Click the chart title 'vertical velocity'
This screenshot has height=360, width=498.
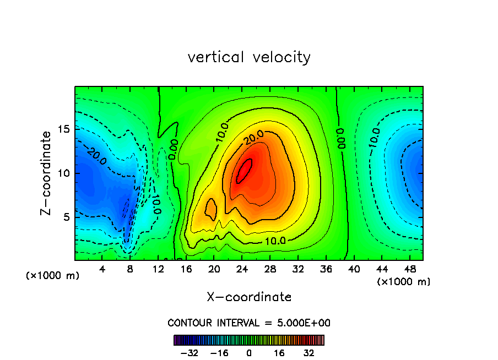tap(249, 57)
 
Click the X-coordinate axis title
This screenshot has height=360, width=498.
tap(249, 297)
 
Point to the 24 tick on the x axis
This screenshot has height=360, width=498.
tap(242, 269)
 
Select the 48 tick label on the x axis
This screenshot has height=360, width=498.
tap(410, 269)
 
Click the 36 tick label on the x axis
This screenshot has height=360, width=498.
tap(326, 269)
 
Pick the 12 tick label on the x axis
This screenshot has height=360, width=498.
tap(159, 269)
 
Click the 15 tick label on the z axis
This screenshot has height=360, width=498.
tap(63, 129)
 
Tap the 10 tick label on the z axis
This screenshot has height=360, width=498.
tap(63, 173)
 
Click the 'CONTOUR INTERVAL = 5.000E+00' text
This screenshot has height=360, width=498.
tap(249, 323)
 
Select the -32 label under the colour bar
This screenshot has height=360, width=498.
tap(188, 353)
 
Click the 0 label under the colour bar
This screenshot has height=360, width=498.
tap(249, 353)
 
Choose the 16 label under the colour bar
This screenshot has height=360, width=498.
tap(279, 353)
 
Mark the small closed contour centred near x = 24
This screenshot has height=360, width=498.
tap(244, 171)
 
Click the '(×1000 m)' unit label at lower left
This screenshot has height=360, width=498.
tap(53, 275)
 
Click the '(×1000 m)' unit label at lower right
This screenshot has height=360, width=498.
tap(403, 282)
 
